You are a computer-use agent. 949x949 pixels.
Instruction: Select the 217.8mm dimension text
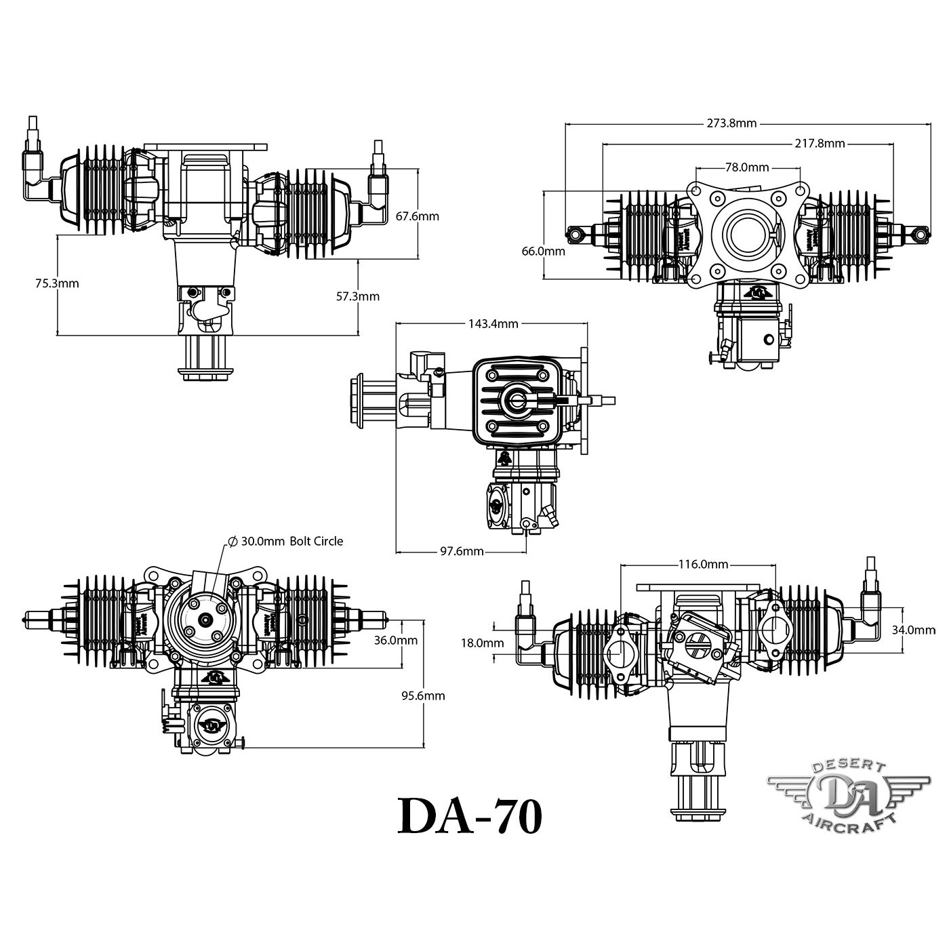point(818,143)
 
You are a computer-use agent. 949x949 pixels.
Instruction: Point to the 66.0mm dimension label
point(544,251)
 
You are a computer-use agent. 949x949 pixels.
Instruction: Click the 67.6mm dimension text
point(417,216)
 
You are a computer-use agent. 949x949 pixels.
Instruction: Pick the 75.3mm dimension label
point(57,283)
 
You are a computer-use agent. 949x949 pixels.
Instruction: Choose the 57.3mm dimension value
point(358,296)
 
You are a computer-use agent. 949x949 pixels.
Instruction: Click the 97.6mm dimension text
point(459,551)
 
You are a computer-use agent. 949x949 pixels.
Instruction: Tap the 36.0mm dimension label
point(395,640)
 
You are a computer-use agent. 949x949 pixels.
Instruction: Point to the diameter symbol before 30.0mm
point(232,541)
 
